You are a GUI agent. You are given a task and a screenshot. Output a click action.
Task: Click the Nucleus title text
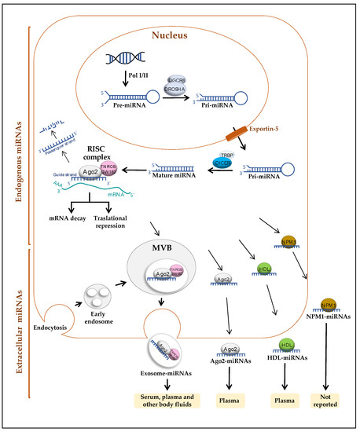coord(181,35)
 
